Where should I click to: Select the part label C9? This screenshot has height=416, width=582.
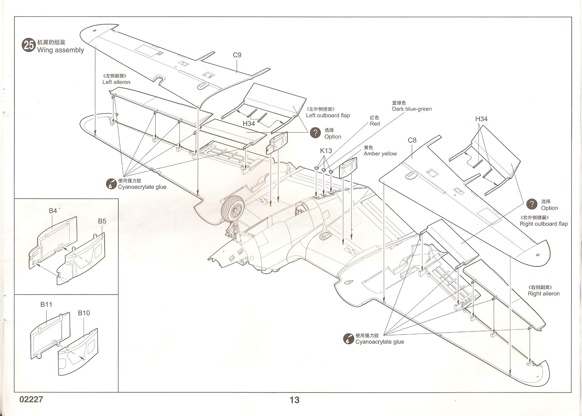coord(237,55)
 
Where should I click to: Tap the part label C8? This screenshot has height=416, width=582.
coord(412,140)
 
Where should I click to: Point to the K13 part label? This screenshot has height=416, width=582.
coord(326,151)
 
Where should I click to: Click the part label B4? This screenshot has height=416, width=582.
coord(53,211)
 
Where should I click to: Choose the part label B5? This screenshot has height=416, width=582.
coord(102,221)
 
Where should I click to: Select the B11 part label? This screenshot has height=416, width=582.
coord(46,305)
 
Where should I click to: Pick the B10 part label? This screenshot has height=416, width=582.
coord(84,313)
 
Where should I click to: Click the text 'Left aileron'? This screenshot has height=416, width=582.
coord(116,82)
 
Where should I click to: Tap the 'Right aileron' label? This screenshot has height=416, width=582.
coord(544,294)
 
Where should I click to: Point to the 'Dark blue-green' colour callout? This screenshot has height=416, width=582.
coord(412,109)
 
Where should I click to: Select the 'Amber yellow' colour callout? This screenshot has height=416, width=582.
coord(380,154)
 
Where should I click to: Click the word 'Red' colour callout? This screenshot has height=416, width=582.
coord(375,124)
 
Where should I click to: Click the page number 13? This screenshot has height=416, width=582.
coord(295,400)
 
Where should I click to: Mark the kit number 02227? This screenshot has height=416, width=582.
coord(31,399)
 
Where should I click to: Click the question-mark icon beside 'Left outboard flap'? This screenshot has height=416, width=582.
coord(315,133)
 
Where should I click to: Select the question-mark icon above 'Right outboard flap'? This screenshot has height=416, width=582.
coord(532,204)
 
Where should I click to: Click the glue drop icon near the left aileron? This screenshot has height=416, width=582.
coord(111,184)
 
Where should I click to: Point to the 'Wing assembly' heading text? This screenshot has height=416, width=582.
coord(61,50)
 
